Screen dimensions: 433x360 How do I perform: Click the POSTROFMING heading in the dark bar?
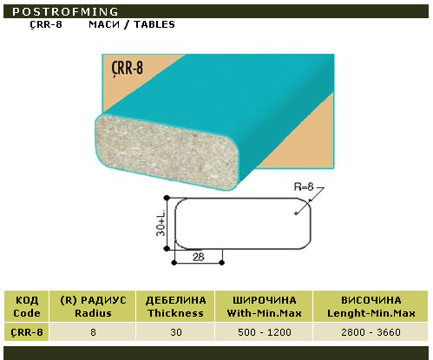click(x=65, y=11)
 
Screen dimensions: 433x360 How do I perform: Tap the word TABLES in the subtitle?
click(x=154, y=24)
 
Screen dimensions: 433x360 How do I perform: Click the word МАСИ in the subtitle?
click(x=104, y=24)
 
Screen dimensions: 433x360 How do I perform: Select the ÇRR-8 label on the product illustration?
click(x=128, y=69)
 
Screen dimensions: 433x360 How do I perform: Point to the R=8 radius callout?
click(x=304, y=187)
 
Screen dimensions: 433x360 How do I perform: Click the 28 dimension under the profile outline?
click(x=199, y=257)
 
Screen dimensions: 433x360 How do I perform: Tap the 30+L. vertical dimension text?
click(x=161, y=224)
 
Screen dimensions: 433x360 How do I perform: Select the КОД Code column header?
click(x=27, y=306)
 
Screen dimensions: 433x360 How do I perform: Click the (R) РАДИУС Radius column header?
click(x=93, y=306)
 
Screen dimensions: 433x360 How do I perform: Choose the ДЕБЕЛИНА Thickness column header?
click(x=176, y=306)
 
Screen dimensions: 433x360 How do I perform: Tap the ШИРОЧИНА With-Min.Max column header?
click(x=265, y=306)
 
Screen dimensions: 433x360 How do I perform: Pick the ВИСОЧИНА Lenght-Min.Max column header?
click(x=371, y=306)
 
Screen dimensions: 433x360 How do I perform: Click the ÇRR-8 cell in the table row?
click(x=27, y=332)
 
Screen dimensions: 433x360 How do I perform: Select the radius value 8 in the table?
click(x=93, y=332)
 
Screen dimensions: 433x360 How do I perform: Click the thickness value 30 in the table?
click(x=176, y=332)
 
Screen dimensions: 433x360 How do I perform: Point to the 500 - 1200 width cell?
click(x=265, y=332)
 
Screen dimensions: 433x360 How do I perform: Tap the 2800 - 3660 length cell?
click(x=371, y=332)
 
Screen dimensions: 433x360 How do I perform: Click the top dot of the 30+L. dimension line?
click(x=167, y=198)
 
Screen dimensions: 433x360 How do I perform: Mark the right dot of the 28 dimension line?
click(x=222, y=263)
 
